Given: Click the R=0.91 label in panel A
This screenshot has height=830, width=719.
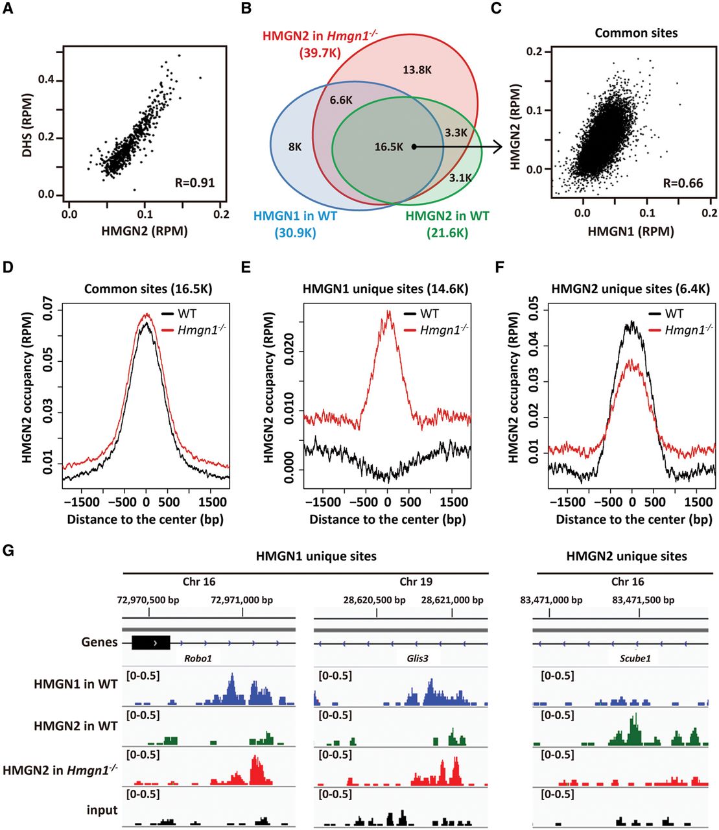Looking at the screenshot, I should [194, 183].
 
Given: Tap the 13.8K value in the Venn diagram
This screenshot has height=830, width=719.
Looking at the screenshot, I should [417, 69].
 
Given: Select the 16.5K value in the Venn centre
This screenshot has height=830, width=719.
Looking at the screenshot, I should [389, 147].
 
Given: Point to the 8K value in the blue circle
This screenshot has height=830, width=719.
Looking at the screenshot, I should [295, 147].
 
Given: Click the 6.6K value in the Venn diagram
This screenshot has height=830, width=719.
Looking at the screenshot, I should [341, 100].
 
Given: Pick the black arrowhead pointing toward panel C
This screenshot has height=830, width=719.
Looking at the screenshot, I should [497, 147].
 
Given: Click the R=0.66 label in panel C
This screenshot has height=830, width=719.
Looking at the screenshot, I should [683, 184].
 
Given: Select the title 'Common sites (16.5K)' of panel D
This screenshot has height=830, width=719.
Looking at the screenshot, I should [148, 289].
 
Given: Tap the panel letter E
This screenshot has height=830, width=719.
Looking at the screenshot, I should [246, 267].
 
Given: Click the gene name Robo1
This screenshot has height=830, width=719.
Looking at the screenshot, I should [198, 658].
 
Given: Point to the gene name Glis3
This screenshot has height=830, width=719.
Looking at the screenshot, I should [417, 658].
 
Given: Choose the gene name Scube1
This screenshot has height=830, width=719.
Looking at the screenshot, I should [635, 658].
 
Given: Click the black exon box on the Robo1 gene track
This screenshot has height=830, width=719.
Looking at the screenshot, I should [150, 643].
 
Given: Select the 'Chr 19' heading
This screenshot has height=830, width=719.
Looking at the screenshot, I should [416, 582].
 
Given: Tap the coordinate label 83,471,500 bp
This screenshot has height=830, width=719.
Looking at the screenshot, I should [643, 600].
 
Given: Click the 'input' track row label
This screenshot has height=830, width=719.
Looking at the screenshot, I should [102, 810].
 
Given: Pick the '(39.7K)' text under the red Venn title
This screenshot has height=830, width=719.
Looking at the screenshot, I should [320, 53].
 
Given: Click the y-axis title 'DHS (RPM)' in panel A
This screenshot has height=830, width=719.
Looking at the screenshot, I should [27, 126].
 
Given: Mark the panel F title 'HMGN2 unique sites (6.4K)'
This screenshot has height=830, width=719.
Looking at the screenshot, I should [630, 289].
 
